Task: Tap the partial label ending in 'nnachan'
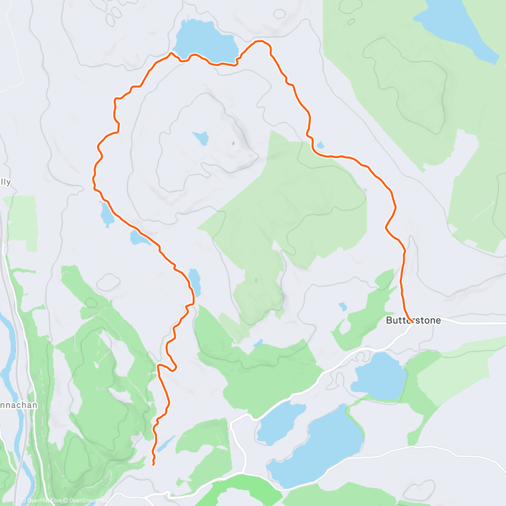(19, 405)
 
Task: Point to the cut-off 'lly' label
(5, 182)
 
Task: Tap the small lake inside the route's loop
(201, 137)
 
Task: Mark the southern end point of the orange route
(153, 465)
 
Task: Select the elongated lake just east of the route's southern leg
(195, 282)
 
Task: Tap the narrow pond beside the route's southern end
(166, 444)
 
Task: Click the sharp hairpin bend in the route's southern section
(173, 368)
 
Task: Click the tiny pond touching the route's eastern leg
(320, 145)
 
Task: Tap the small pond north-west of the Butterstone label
(343, 306)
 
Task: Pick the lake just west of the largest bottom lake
(276, 422)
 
